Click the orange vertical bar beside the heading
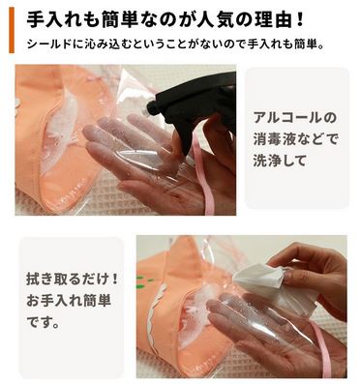pyautogui.click(x=12, y=30)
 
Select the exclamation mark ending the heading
pyautogui.click(x=299, y=21)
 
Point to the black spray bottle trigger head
pyautogui.click(x=195, y=106)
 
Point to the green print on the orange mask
pyautogui.click(x=140, y=281)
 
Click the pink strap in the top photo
pyautogui.click(x=203, y=176)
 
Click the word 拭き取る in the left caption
pyautogui.click(x=52, y=279)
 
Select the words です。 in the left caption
pyautogui.click(x=43, y=323)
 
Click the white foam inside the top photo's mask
pyautogui.click(x=61, y=129)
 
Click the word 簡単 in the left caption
pyautogui.click(x=98, y=301)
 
